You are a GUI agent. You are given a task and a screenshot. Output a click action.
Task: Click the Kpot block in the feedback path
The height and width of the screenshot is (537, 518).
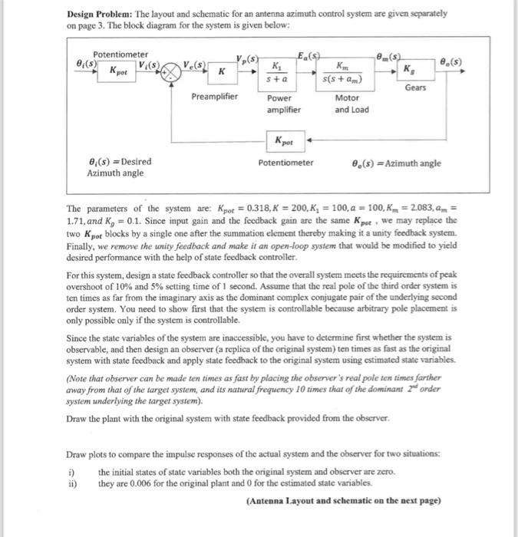click(x=285, y=143)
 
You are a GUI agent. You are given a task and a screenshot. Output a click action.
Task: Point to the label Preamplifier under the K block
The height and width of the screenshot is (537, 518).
click(x=215, y=97)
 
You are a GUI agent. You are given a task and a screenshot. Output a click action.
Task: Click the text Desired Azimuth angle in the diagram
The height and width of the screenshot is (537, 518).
click(x=117, y=168)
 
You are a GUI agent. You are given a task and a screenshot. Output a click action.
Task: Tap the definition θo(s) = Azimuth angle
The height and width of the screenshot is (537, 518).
click(x=395, y=163)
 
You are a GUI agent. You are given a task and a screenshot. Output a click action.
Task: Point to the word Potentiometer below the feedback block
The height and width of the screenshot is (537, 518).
click(x=285, y=163)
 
